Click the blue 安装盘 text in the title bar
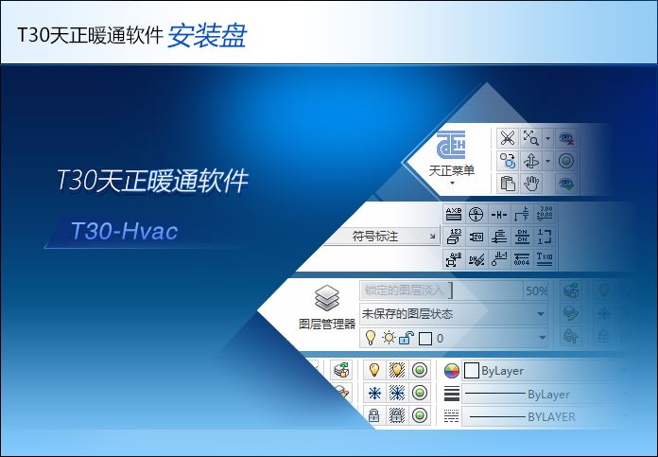pyautogui.click(x=207, y=35)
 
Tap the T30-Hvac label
pyautogui.click(x=125, y=230)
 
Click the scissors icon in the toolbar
pyautogui.click(x=508, y=138)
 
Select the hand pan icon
pyautogui.click(x=532, y=183)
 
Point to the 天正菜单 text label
pyautogui.click(x=452, y=170)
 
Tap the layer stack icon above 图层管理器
pyautogui.click(x=327, y=299)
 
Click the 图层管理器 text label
pyautogui.click(x=327, y=323)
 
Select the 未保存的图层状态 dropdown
pyautogui.click(x=453, y=313)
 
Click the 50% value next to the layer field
pyautogui.click(x=536, y=290)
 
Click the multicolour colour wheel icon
pyautogui.click(x=451, y=371)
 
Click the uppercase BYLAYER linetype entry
pyautogui.click(x=551, y=416)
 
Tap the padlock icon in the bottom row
pyautogui.click(x=373, y=416)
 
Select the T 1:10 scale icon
pyautogui.click(x=545, y=257)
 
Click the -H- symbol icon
pyautogui.click(x=499, y=214)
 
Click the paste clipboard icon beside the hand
pyautogui.click(x=508, y=183)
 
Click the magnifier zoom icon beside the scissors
pyautogui.click(x=532, y=138)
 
